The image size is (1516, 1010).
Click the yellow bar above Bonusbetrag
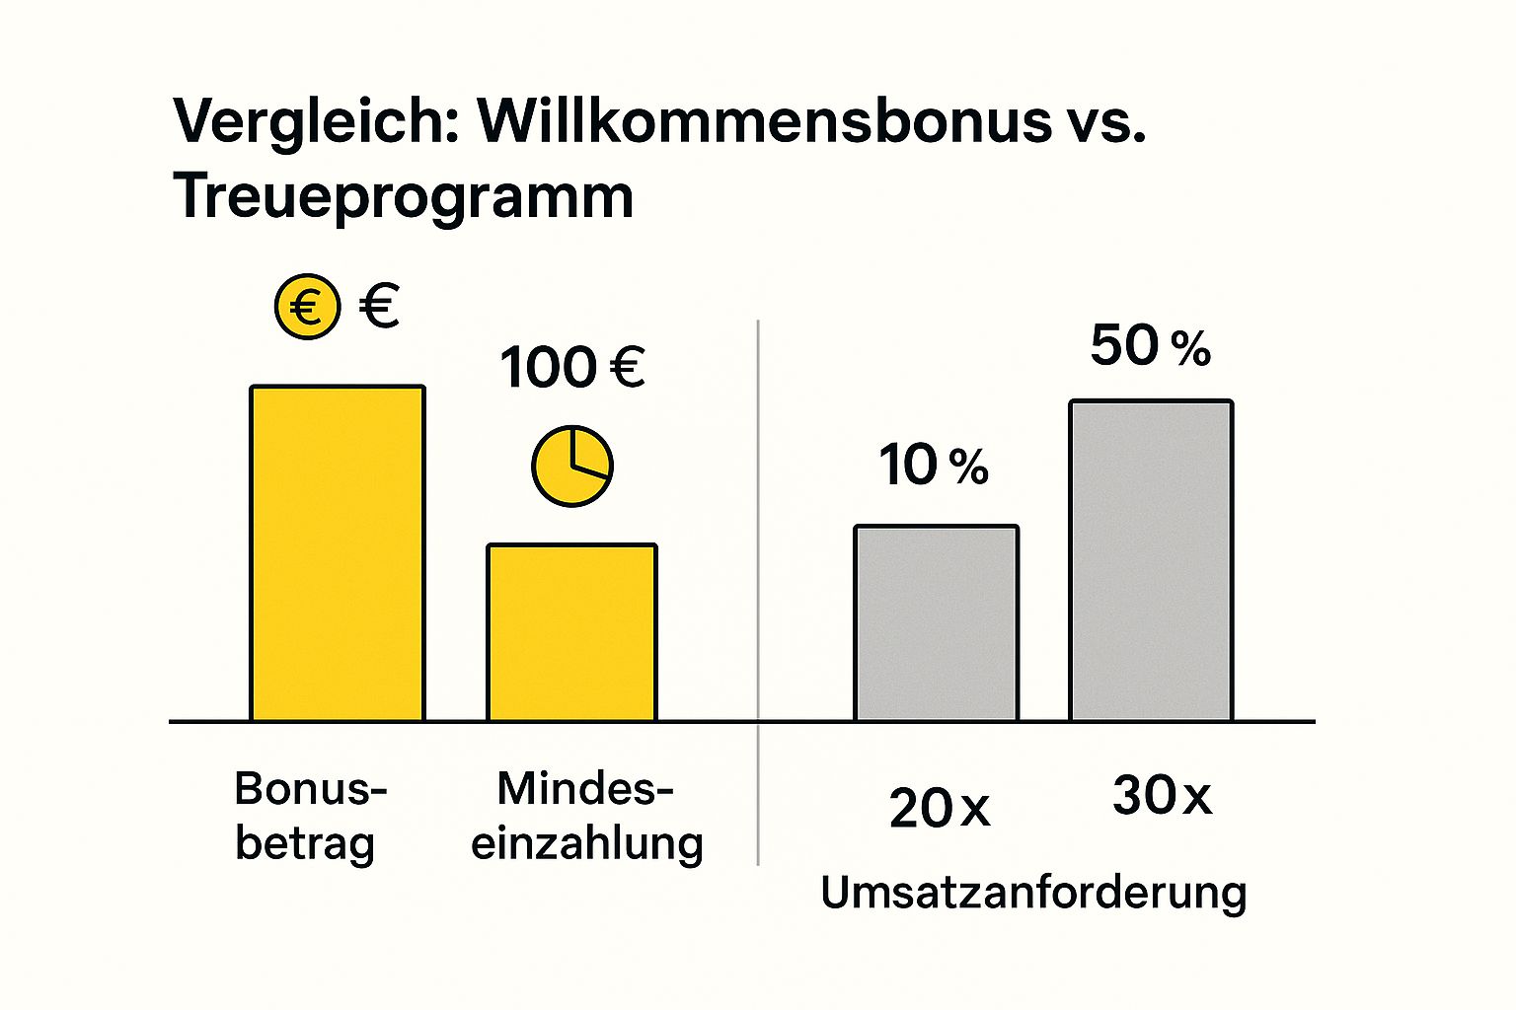click(338, 553)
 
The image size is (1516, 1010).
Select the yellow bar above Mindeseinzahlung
click(571, 632)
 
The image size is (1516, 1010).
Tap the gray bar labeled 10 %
click(936, 623)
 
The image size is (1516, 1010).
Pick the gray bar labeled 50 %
click(1151, 560)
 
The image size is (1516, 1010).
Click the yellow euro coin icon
click(307, 307)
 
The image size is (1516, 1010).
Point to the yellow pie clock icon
click(572, 467)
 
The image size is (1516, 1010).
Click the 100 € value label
click(572, 368)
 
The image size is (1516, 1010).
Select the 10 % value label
click(934, 466)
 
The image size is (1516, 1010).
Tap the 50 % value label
click(1151, 346)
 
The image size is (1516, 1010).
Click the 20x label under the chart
click(939, 809)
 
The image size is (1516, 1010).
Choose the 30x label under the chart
click(1162, 795)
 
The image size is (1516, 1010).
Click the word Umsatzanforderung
click(1033, 893)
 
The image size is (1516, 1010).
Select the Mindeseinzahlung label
click(586, 816)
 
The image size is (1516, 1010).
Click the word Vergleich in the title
click(317, 122)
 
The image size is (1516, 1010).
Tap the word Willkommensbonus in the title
click(766, 120)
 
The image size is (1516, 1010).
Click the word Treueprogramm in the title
click(404, 196)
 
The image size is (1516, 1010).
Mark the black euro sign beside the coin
click(379, 306)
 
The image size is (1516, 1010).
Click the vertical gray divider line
click(758, 592)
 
